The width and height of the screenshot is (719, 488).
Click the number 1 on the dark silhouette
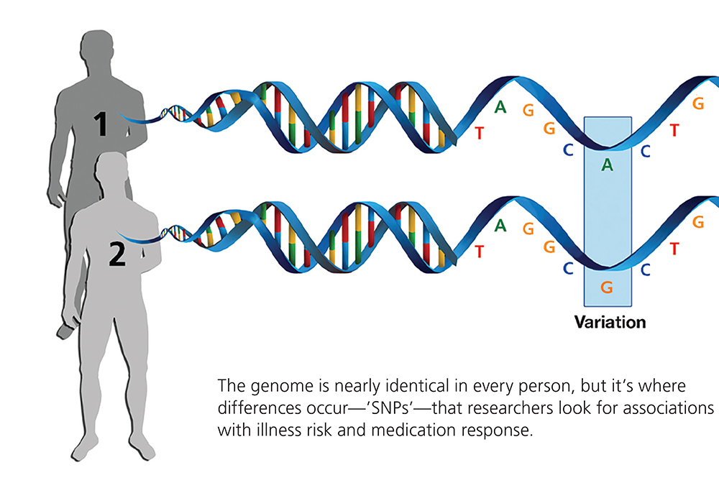pyautogui.click(x=102, y=124)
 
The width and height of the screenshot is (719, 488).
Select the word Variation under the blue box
pyautogui.click(x=609, y=322)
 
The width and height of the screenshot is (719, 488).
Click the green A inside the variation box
pyautogui.click(x=607, y=165)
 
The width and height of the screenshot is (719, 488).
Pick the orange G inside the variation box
pyautogui.click(x=607, y=287)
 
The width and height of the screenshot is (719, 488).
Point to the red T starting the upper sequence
pyautogui.click(x=480, y=134)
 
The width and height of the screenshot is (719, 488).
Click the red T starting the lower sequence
pyautogui.click(x=480, y=252)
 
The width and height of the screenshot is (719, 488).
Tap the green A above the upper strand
pyautogui.click(x=500, y=108)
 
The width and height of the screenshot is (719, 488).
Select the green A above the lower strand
pyautogui.click(x=500, y=226)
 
